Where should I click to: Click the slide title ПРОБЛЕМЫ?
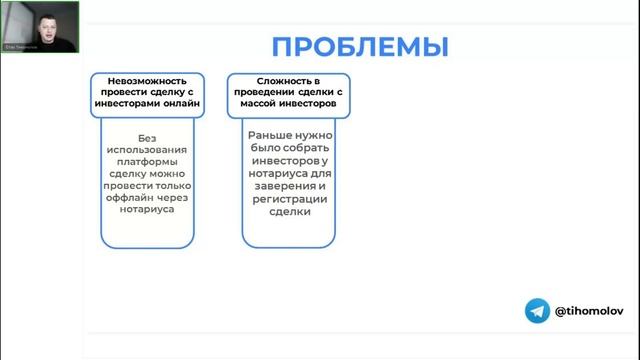[359, 47]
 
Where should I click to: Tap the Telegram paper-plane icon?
[538, 311]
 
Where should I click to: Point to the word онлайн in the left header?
[179, 103]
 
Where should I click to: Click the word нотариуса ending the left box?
[147, 210]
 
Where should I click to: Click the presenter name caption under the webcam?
[21, 46]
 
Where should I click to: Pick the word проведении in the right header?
[273, 91]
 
